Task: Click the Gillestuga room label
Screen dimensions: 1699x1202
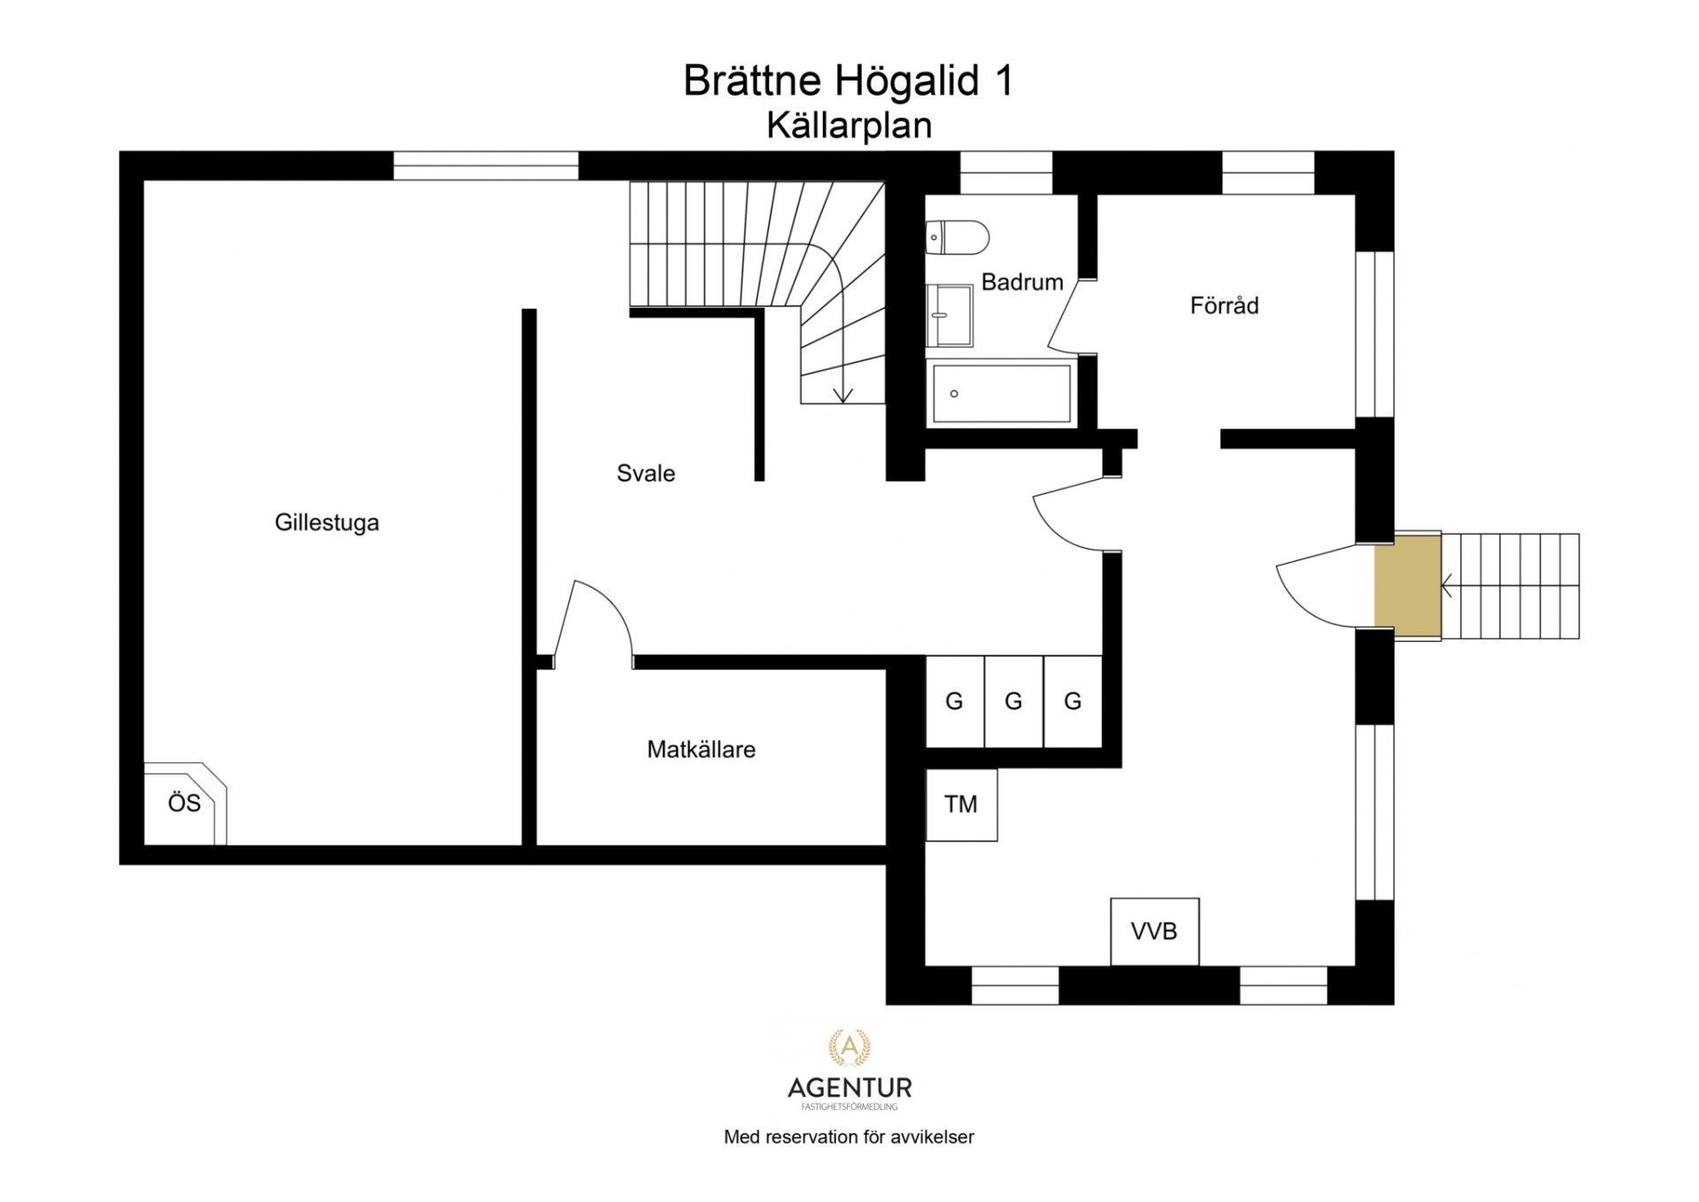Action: point(327,522)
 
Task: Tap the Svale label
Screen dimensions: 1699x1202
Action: point(646,474)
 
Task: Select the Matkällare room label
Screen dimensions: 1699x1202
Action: point(701,750)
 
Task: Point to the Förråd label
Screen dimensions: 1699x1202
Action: point(1224,305)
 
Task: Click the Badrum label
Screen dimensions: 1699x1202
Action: point(1022,282)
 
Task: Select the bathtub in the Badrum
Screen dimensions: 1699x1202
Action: point(1002,393)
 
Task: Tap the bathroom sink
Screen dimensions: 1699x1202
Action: point(949,315)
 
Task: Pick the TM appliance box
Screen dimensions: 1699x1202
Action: point(962,805)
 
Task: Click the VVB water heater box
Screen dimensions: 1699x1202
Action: point(1155,931)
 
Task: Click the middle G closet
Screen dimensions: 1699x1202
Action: point(1014,701)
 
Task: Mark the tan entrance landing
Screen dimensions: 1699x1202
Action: point(1407,586)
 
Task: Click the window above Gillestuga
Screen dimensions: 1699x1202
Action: point(486,166)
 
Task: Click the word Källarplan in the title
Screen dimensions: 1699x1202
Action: point(849,126)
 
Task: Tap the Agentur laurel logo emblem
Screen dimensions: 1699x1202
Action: point(849,1047)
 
